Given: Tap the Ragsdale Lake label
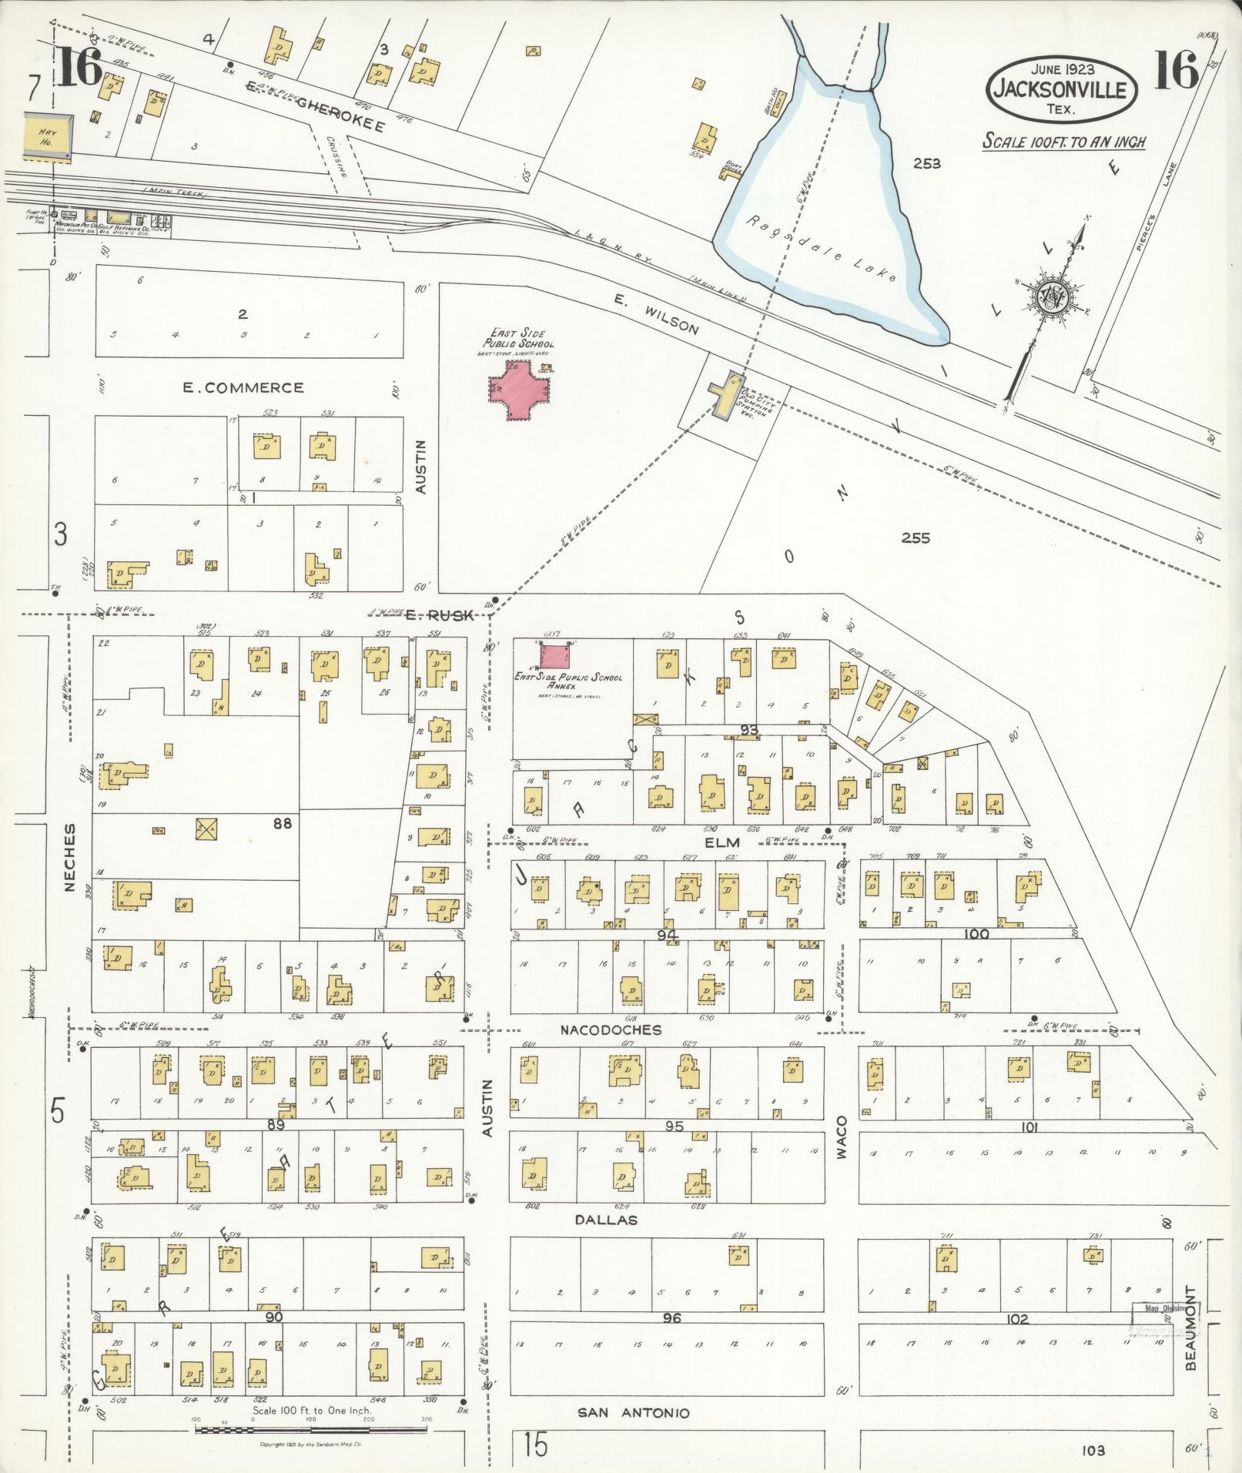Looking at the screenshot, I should (x=822, y=249).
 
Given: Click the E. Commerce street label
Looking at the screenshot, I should (x=243, y=387).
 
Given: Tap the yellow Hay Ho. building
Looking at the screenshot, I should (x=48, y=138).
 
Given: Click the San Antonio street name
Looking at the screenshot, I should (x=634, y=1413).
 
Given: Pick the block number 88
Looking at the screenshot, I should (x=282, y=823).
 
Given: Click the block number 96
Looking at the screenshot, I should (x=671, y=1318).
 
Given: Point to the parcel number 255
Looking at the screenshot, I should (x=916, y=537).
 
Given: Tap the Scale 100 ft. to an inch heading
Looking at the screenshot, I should (x=1063, y=142).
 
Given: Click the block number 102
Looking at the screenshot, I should (x=1017, y=1319).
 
